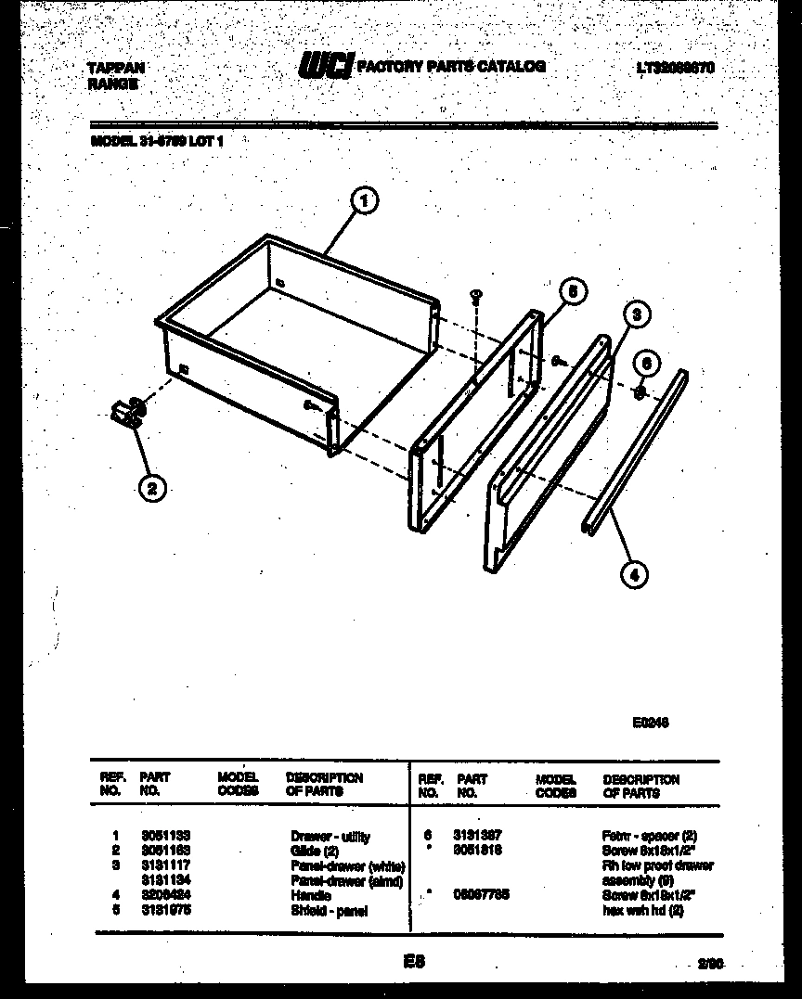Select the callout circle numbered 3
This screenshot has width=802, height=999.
click(x=635, y=314)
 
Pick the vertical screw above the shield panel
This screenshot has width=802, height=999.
click(x=475, y=296)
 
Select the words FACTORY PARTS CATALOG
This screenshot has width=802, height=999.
click(x=451, y=67)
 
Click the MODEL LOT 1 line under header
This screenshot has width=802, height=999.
click(x=157, y=142)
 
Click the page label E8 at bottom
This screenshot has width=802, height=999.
click(x=413, y=963)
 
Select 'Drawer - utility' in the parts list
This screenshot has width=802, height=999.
click(x=330, y=837)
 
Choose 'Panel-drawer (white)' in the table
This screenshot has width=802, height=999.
click(x=347, y=865)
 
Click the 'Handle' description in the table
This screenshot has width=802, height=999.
click(x=310, y=896)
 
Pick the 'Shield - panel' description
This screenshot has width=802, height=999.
click(x=329, y=911)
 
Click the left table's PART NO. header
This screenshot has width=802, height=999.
click(x=154, y=785)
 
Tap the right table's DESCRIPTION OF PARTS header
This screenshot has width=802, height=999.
click(x=640, y=786)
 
